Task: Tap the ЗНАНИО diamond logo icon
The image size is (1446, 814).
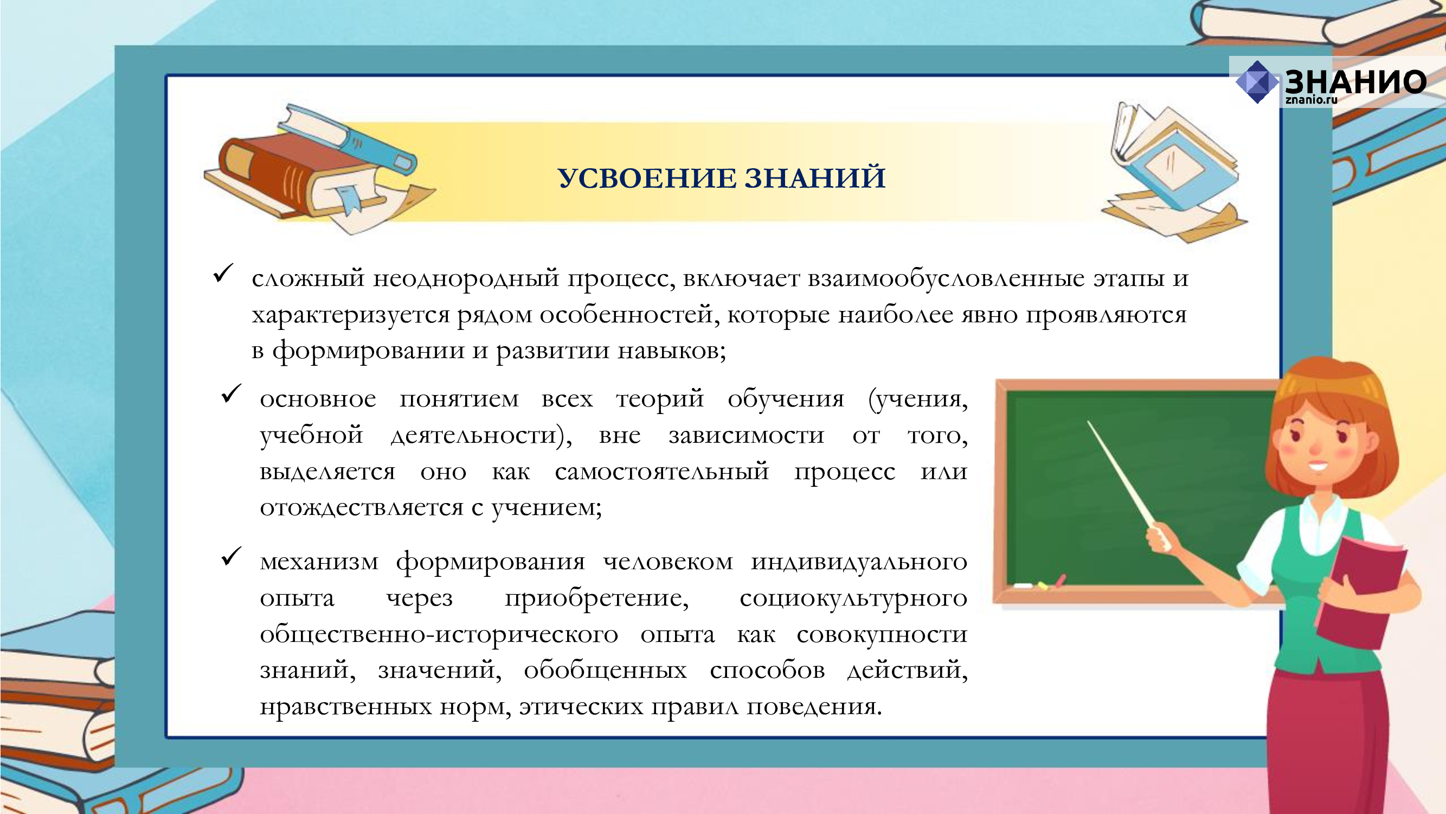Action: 1257,82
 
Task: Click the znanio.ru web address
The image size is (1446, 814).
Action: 1312,100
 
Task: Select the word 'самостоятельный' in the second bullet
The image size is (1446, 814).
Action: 662,470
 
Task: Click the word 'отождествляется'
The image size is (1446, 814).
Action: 362,507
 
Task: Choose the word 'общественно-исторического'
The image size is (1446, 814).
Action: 439,634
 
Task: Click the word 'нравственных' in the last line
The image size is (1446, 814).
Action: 345,706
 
